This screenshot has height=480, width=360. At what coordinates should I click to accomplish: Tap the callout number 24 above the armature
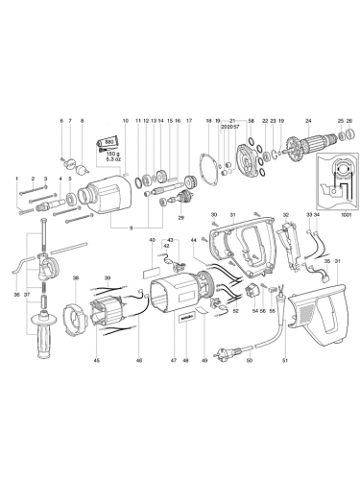(307, 121)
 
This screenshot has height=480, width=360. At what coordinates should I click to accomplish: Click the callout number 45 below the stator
(96, 388)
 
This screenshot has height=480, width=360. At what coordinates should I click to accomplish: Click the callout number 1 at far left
(16, 180)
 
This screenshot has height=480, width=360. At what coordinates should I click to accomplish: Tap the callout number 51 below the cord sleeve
(283, 388)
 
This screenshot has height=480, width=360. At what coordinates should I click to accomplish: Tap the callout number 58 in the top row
(251, 121)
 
